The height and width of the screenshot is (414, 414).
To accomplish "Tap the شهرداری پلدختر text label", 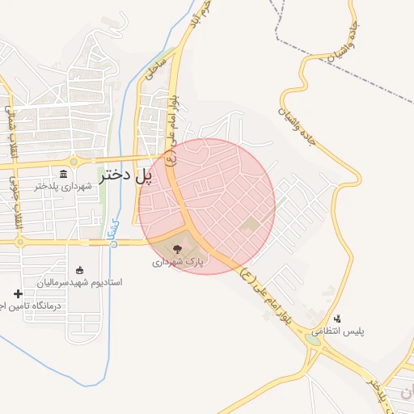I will pos(65,186).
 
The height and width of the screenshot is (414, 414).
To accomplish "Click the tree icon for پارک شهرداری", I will pos(178,250).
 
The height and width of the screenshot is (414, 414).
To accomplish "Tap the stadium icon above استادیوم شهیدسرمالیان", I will pos(78,270).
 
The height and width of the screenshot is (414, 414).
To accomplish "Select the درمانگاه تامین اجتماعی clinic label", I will pos(20,305).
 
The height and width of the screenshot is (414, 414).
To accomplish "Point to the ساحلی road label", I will pos(155,69).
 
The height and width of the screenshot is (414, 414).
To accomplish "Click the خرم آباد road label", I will pos(205,20).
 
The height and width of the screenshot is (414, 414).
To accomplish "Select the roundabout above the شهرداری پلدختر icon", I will pos(74,162).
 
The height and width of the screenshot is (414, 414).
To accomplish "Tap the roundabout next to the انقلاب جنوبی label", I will pos(17,241).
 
